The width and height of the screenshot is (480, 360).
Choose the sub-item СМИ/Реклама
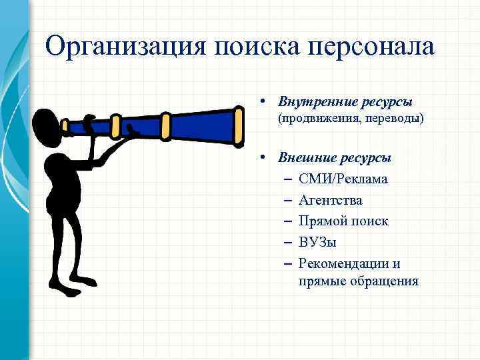(343, 179)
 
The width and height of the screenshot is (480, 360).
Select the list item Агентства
(331, 199)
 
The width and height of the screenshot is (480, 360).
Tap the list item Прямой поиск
(343, 220)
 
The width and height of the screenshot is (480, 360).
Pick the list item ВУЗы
(318, 241)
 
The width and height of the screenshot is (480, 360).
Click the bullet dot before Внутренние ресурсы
(265, 102)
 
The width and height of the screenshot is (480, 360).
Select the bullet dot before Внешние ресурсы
(265, 158)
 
